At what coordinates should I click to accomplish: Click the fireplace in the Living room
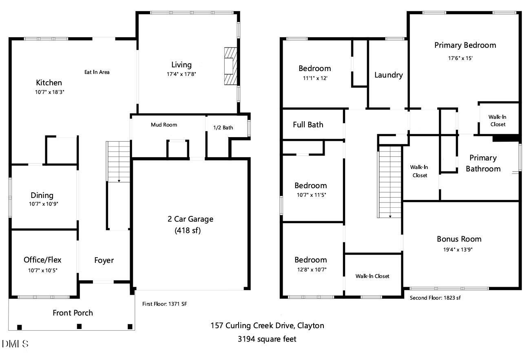coord(230,66)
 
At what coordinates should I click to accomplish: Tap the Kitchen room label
coord(49,83)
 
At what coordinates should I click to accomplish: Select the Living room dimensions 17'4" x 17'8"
coord(181,74)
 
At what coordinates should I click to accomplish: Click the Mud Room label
coord(164,124)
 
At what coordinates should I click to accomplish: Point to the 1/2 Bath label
coord(223,127)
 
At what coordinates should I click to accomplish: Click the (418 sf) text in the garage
coord(188,230)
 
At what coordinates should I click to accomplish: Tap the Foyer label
coord(104,260)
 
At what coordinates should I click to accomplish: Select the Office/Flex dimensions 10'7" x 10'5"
coord(43,270)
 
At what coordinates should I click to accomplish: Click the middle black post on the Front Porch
coord(80,326)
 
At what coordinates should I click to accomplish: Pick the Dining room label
coord(42,196)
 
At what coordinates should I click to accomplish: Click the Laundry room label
coord(388,75)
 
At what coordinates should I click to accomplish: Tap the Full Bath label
coord(308,124)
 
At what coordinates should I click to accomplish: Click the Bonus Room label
coord(459,239)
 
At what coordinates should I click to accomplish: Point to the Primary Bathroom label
coord(483,163)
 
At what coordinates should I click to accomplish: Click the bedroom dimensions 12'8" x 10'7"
coord(311,269)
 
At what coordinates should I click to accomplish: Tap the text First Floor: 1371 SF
coord(164,304)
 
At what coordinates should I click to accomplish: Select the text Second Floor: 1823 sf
coord(435,298)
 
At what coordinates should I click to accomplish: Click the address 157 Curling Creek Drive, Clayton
coord(267,325)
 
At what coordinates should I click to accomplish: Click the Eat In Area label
coord(97,72)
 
